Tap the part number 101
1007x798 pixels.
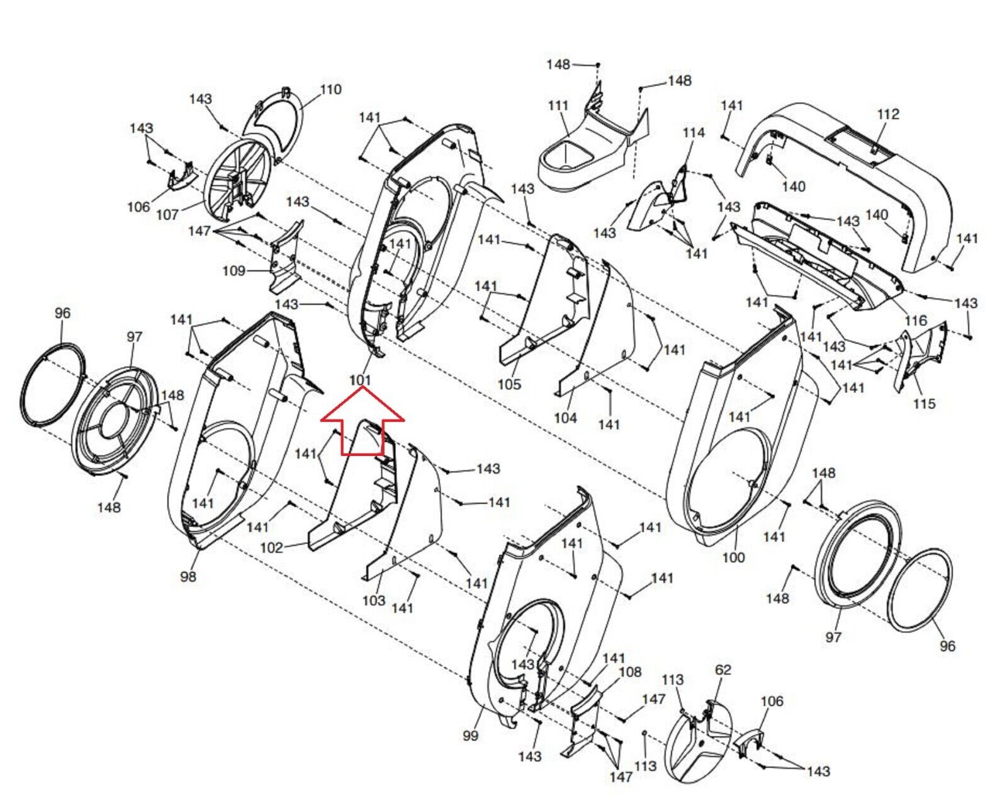[359, 380]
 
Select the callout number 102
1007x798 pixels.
[271, 547]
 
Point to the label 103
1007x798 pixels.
[373, 600]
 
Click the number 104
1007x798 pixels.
[565, 418]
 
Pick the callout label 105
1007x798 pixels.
[509, 384]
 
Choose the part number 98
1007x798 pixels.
[188, 576]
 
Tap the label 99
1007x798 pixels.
[470, 736]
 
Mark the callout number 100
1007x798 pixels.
[733, 557]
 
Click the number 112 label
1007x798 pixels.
[888, 114]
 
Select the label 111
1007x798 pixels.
[558, 106]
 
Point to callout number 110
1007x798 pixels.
[330, 89]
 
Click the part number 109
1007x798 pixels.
[233, 271]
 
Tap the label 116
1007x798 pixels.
[916, 321]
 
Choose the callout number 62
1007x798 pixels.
[723, 670]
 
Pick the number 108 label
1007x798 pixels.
[630, 672]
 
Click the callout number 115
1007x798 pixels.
[924, 403]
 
